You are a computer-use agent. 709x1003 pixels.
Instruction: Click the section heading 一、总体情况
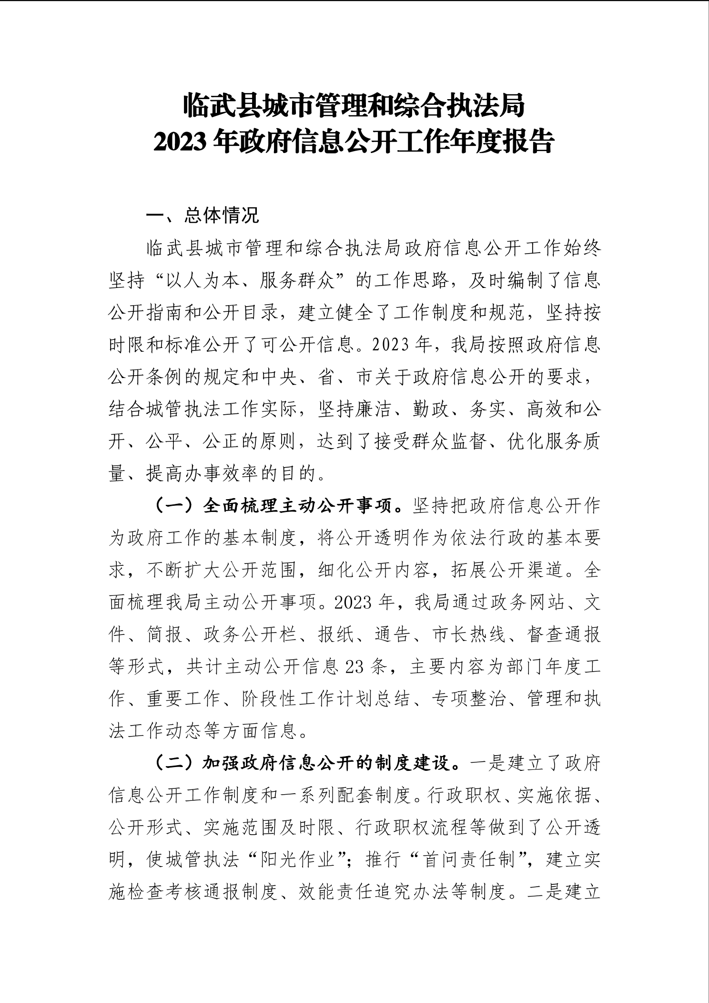203,216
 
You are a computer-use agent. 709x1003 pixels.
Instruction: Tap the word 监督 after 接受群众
469,442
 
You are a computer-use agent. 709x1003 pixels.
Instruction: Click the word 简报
165,635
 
